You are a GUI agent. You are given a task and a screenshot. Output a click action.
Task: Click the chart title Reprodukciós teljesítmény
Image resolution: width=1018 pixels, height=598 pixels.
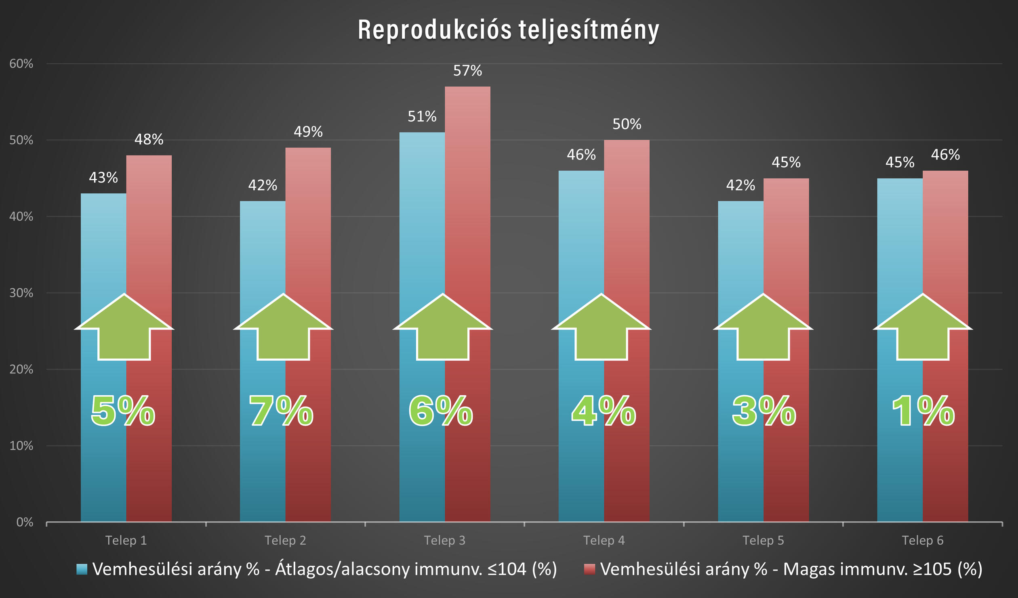pyautogui.click(x=508, y=30)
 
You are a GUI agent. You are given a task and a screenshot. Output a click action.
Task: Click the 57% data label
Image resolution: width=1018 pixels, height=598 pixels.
pyautogui.click(x=467, y=71)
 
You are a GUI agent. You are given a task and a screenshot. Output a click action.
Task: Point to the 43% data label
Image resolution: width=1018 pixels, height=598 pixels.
pyautogui.click(x=103, y=178)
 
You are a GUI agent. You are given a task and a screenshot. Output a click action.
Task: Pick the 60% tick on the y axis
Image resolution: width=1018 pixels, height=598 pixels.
pyautogui.click(x=21, y=64)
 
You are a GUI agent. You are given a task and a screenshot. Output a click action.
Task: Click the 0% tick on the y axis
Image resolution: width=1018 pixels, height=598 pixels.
pyautogui.click(x=25, y=522)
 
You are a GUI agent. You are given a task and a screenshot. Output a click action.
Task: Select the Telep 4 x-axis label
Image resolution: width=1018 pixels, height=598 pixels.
pyautogui.click(x=604, y=540)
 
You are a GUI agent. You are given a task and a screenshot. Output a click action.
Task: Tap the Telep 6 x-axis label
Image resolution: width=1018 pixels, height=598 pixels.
pyautogui.click(x=923, y=540)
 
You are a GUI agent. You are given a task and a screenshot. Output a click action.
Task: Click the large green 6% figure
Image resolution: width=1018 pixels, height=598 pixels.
pyautogui.click(x=441, y=411)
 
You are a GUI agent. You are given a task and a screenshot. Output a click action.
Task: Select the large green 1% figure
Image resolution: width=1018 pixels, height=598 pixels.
pyautogui.click(x=923, y=411)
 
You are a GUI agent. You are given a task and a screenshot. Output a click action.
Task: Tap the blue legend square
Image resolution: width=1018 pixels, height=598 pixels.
pyautogui.click(x=82, y=569)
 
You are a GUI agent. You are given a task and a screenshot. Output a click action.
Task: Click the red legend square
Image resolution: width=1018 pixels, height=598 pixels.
pyautogui.click(x=589, y=569)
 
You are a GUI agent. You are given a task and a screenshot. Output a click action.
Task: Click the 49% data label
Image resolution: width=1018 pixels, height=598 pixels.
pyautogui.click(x=308, y=132)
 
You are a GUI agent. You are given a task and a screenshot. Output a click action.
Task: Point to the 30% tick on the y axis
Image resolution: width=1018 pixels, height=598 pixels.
pyautogui.click(x=21, y=293)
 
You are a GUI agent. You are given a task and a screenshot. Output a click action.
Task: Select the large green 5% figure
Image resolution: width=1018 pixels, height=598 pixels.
pyautogui.click(x=123, y=411)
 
